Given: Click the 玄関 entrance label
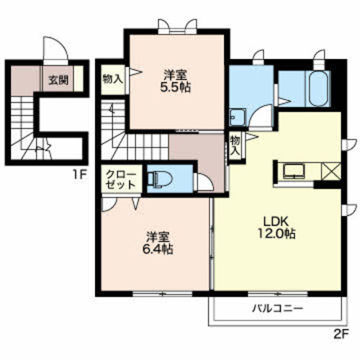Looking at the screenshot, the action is (x=58, y=80).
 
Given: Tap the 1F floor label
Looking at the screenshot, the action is (x=79, y=176).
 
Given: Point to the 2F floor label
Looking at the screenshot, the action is (x=341, y=334).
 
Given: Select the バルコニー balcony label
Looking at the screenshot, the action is (x=277, y=308).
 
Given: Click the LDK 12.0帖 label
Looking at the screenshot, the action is (x=276, y=228).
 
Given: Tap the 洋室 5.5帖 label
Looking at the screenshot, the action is (x=176, y=81).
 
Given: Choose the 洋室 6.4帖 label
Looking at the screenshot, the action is (x=158, y=243).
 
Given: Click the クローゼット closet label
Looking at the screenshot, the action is (x=121, y=179).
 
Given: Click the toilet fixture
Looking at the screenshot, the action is (x=160, y=179).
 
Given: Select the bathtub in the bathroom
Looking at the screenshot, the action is (x=318, y=89).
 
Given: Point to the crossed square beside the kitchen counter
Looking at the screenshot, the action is (x=331, y=171).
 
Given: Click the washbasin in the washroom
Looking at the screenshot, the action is (x=237, y=117).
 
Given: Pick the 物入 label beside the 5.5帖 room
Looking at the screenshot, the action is (x=113, y=78).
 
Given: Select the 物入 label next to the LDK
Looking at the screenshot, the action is (x=235, y=145).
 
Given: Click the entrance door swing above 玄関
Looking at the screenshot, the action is (x=55, y=49).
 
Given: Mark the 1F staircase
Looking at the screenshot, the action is (x=26, y=127).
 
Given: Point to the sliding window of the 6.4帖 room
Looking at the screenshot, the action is (x=163, y=293).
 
